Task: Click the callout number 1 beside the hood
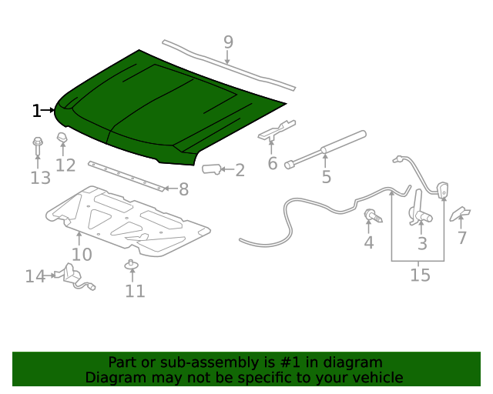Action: [x=36, y=111]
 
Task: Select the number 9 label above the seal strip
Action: [x=228, y=42]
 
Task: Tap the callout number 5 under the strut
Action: [x=326, y=178]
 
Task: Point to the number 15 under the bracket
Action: [x=420, y=275]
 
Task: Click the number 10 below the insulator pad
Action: [x=82, y=255]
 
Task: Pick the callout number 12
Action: [x=65, y=165]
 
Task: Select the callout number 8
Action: [x=183, y=189]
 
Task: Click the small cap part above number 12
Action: [x=62, y=139]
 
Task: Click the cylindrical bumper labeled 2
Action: [x=212, y=169]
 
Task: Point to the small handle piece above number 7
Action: [x=461, y=213]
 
